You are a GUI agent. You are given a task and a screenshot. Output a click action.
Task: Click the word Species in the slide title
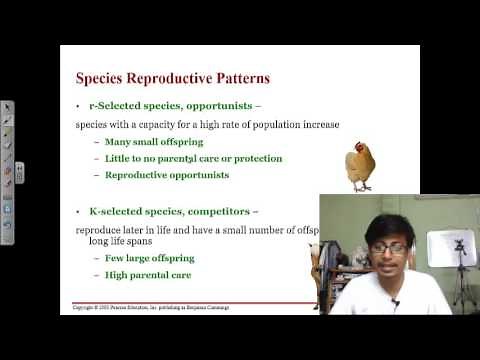[x=104, y=78]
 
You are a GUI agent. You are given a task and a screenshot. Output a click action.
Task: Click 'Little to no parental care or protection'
[x=193, y=158]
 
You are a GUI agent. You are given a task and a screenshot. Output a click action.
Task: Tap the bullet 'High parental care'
[x=147, y=274]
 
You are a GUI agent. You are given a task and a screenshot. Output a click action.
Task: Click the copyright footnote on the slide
[x=150, y=307]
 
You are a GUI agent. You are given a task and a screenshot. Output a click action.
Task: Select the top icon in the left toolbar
[x=7, y=106]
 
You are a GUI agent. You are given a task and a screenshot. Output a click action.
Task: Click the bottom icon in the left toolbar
[x=7, y=238]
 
